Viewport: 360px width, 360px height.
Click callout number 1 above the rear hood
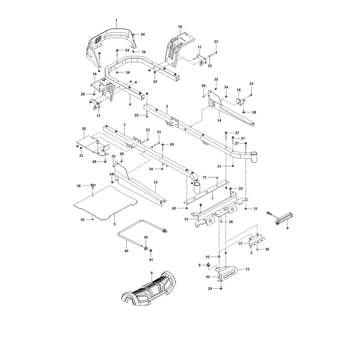[x=116, y=20]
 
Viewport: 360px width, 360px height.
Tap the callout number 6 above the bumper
[x=152, y=273]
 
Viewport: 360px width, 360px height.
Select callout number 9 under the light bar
[x=287, y=228]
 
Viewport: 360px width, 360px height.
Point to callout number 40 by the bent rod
[x=126, y=251]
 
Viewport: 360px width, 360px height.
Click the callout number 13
[x=247, y=269]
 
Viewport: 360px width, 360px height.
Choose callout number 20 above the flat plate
[x=84, y=129]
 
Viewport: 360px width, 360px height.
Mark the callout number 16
[x=79, y=186]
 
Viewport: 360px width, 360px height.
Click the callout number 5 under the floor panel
[x=115, y=224]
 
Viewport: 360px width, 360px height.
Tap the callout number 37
[x=240, y=243]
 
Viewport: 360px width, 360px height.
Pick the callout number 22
[x=241, y=189]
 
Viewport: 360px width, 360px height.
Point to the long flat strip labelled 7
[x=207, y=192]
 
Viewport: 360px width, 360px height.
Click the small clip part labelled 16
[x=93, y=186]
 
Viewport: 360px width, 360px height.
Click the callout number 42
[x=174, y=208]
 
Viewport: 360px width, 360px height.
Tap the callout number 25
[x=137, y=115]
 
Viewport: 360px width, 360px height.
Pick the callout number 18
[x=238, y=90]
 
